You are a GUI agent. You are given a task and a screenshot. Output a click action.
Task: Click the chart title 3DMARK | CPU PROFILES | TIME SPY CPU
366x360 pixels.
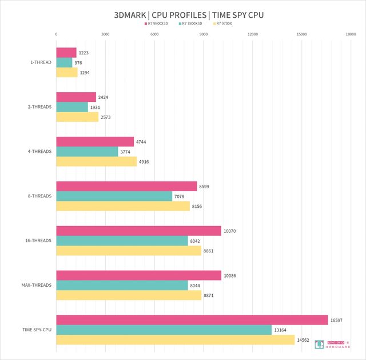183,14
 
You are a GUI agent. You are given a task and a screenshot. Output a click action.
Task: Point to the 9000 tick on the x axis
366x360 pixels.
204,34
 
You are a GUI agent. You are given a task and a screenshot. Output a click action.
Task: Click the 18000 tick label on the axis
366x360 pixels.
351,34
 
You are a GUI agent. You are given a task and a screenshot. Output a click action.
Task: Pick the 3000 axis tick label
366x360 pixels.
105,34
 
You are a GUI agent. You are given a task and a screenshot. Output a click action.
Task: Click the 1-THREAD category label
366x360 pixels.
41,62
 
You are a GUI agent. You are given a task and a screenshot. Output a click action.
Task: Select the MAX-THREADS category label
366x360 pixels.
39,285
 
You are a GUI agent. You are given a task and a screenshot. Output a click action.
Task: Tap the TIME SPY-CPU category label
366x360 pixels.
37,330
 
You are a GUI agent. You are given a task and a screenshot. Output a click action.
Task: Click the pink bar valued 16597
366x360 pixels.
192,320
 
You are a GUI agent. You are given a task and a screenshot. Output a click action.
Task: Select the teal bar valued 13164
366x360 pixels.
164,330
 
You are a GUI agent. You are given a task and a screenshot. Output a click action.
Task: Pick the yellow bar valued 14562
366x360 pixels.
175,340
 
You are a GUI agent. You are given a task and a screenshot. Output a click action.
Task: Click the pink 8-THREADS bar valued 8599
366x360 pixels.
126,186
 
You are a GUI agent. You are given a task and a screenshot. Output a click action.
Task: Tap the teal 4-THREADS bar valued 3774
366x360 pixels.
87,152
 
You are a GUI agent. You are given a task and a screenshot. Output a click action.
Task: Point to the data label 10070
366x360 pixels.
230,231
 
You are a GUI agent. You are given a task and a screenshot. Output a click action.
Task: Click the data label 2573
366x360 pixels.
106,117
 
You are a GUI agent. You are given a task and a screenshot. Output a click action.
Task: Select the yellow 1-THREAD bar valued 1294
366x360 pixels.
66,73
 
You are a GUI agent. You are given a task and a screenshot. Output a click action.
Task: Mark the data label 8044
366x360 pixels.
197,285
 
